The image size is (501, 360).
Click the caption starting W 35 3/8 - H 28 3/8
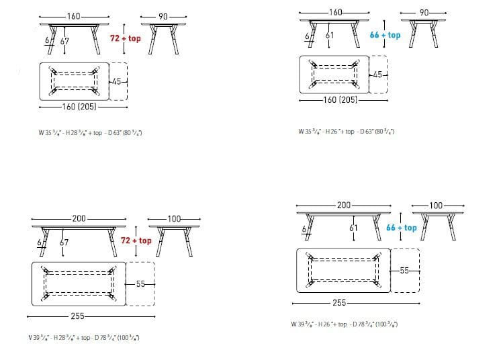tap(90, 132)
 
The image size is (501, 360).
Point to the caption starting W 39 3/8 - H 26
tap(345, 324)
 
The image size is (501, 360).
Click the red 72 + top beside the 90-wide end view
tap(126, 39)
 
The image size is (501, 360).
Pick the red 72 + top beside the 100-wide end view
tap(136, 240)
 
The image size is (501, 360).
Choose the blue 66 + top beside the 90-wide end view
tap(385, 35)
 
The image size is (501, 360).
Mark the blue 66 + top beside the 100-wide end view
tap(402, 228)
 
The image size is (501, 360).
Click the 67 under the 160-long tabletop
tap(64, 42)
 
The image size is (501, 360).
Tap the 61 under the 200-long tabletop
tap(353, 228)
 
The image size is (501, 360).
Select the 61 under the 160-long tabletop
tap(329, 36)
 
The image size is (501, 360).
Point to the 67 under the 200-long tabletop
tap(64, 242)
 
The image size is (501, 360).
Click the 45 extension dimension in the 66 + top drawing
tap(377, 75)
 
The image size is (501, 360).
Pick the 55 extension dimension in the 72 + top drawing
tap(140, 283)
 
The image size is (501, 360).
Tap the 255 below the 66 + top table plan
tap(339, 303)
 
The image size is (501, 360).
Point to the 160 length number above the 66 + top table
tap(336, 13)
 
